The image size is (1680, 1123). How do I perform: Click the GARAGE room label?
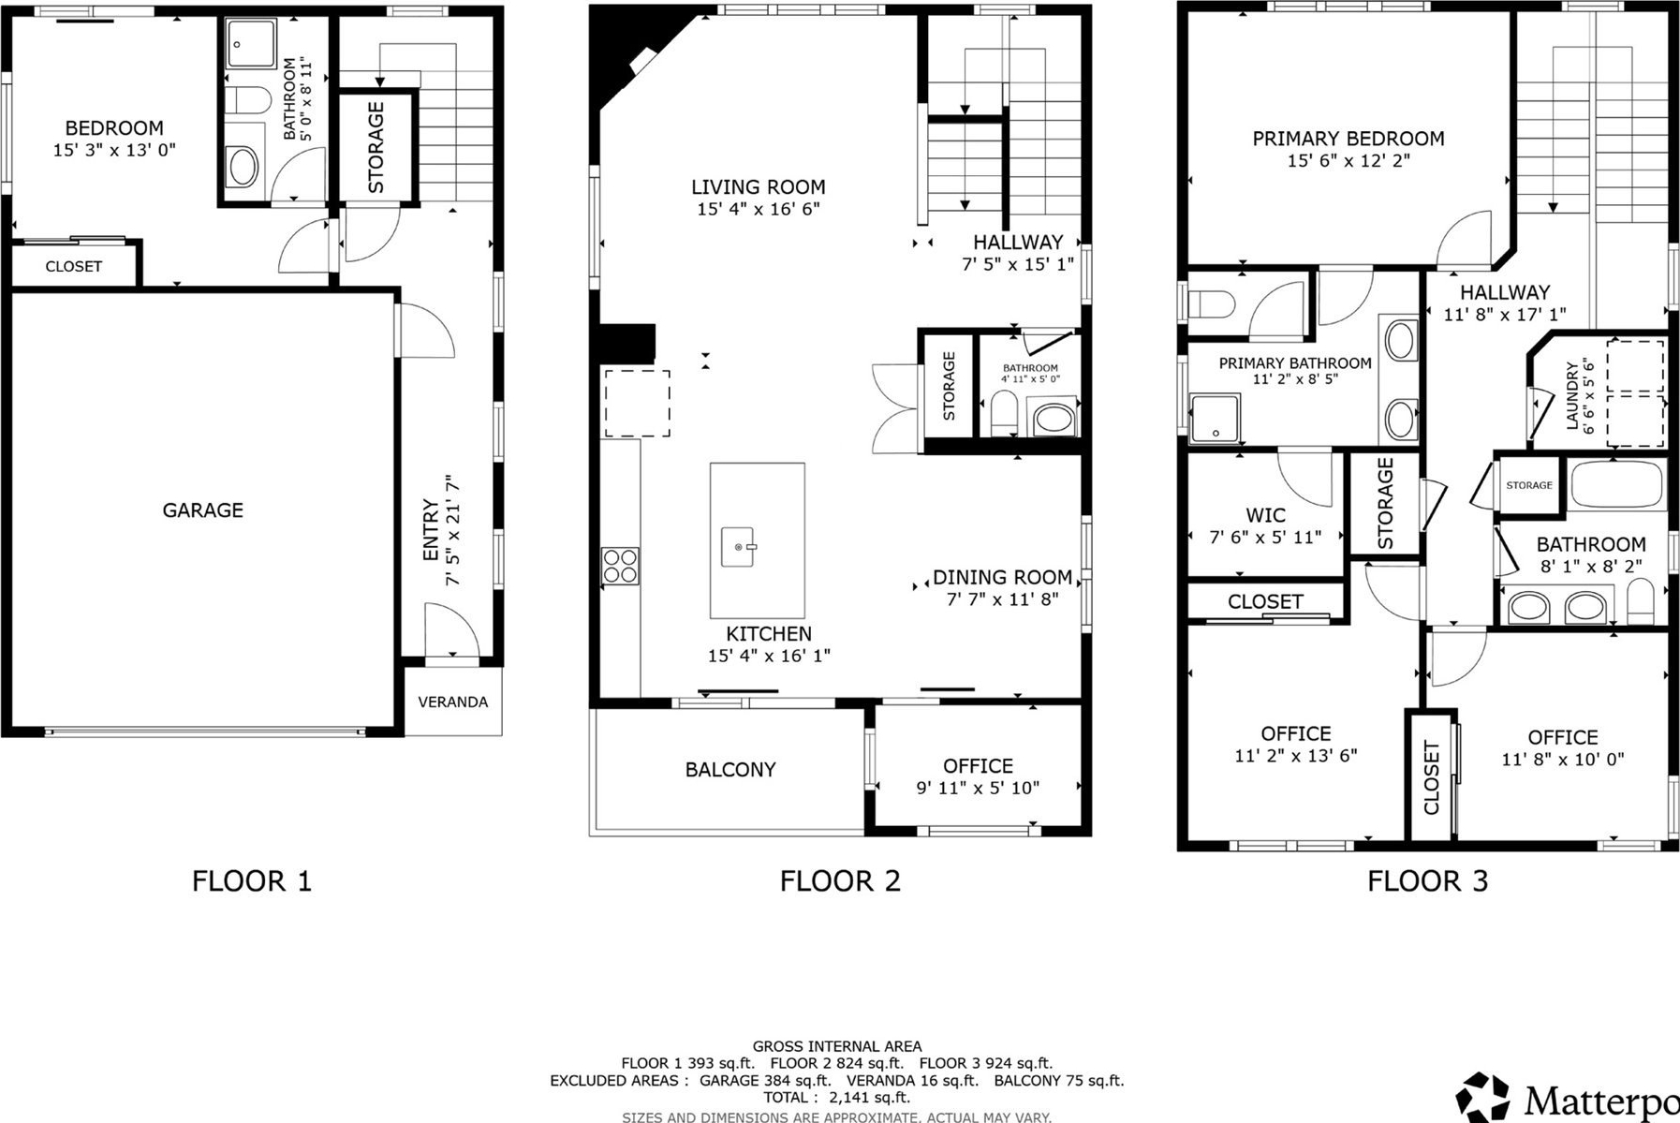(202, 510)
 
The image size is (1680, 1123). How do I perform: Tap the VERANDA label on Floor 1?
(452, 702)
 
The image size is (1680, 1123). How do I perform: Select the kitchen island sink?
(739, 547)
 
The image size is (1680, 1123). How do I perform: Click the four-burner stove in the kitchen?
(620, 566)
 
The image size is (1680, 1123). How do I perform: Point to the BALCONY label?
(730, 770)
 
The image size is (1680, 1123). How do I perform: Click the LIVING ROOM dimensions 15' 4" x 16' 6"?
(759, 209)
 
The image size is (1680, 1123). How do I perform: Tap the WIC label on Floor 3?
(1265, 515)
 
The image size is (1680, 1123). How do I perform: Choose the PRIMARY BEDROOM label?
(1348, 139)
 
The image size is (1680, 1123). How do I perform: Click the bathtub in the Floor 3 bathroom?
(1617, 484)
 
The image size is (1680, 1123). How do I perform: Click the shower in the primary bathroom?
(1215, 419)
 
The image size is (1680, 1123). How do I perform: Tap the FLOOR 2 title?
(840, 881)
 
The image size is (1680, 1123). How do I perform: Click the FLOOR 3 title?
(1427, 881)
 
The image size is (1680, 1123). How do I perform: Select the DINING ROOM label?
(1002, 578)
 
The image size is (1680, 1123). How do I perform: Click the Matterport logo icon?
(1482, 1097)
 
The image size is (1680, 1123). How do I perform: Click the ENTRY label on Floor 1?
(431, 530)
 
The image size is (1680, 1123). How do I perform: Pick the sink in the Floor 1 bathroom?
(243, 167)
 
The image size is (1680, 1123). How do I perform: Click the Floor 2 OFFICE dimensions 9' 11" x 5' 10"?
(978, 789)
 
